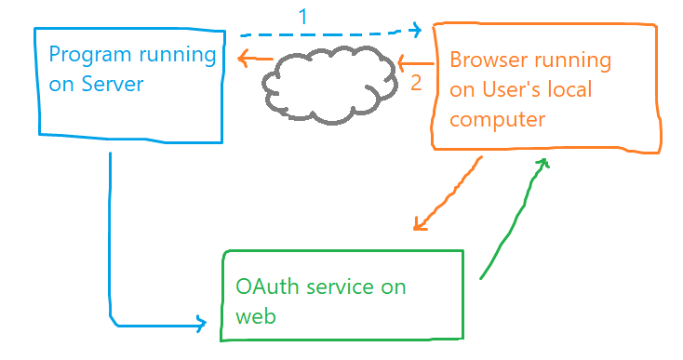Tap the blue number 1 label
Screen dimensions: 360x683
(301, 16)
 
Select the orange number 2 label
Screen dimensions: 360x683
(416, 82)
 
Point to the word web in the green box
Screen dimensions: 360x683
(255, 315)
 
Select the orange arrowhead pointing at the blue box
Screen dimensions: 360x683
(244, 60)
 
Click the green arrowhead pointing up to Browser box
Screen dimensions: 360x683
(542, 162)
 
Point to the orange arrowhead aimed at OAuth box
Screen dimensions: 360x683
(419, 225)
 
